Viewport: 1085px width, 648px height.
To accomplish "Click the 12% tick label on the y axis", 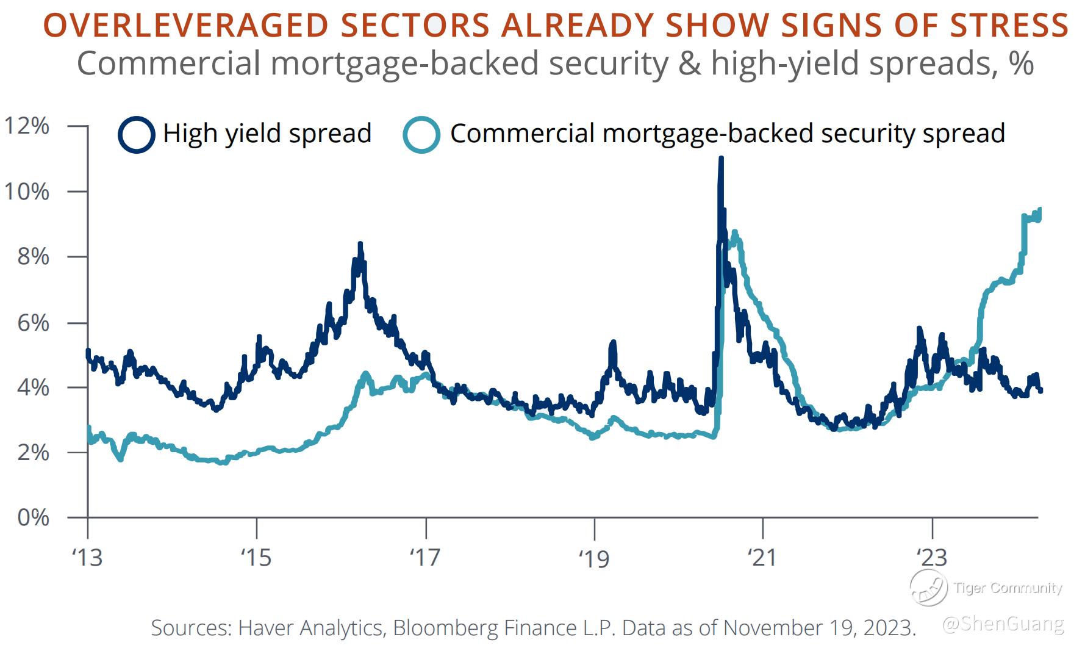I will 27,126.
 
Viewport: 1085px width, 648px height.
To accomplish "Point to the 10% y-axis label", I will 27,192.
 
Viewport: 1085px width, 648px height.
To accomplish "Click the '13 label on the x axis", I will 88,557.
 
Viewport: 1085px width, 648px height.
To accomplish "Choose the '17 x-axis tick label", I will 425,557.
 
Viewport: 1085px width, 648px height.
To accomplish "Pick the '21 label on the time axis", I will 762,557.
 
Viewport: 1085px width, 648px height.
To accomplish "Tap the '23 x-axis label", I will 932,557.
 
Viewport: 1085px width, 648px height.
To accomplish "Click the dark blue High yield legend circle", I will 137,134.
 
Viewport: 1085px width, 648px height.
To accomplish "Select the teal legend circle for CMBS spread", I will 421,134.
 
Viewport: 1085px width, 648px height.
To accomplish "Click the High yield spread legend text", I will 267,134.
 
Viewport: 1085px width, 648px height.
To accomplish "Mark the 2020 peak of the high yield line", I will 721,159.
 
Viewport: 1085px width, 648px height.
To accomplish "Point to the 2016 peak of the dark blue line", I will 360,244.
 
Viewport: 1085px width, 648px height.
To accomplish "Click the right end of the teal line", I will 1039,211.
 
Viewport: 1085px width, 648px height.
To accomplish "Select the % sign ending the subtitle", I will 1022,63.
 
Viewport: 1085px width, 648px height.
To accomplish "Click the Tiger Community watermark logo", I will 928,588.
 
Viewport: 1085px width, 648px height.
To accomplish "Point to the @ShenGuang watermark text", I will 1003,624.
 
